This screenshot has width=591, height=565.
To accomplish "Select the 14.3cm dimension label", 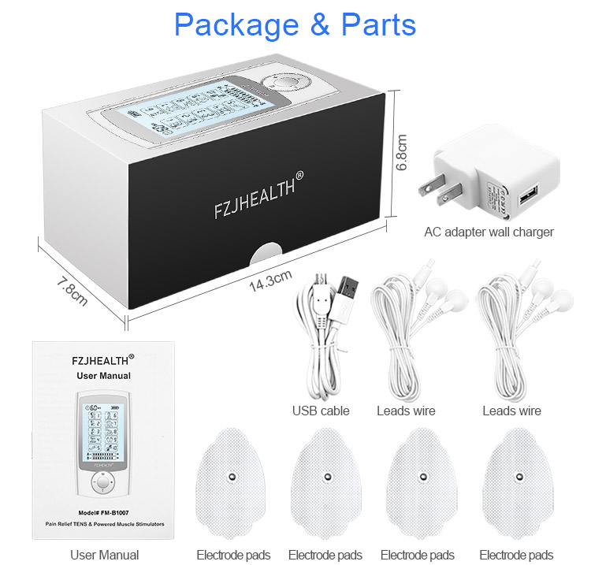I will (x=269, y=281).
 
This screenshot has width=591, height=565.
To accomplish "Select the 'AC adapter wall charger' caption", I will (x=489, y=232).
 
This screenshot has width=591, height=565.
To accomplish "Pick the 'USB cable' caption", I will (x=321, y=411).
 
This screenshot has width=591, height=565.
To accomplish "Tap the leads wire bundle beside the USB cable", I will (x=404, y=339).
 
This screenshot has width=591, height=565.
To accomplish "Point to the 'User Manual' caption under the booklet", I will (x=104, y=555).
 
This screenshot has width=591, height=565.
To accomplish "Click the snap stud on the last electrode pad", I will (x=519, y=476).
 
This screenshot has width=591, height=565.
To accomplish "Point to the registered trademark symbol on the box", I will (x=299, y=175).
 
